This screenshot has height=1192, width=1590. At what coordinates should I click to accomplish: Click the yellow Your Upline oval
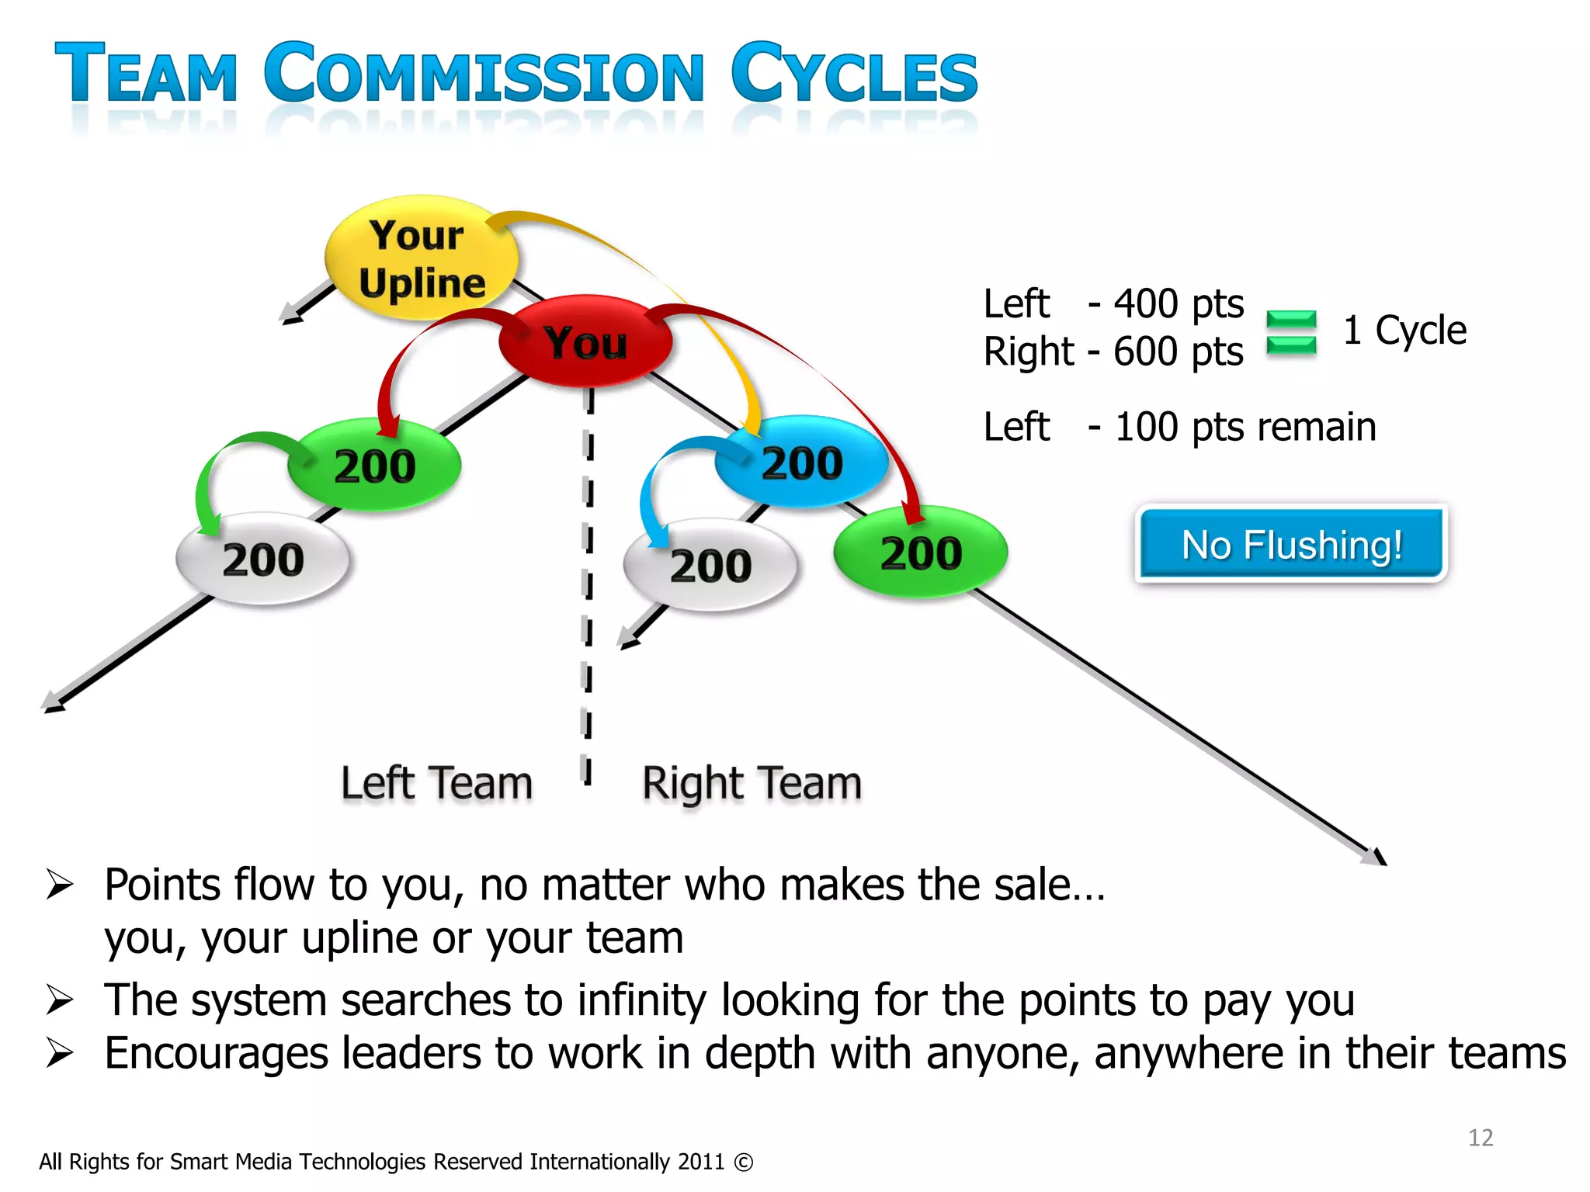422,258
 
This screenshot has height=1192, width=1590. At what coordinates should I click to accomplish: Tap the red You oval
585,341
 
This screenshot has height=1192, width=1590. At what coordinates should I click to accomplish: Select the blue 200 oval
802,463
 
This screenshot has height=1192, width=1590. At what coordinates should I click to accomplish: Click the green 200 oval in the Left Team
375,466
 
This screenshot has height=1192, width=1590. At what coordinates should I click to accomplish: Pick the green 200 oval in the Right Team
921,553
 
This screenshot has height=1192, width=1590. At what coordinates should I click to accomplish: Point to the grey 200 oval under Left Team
263,560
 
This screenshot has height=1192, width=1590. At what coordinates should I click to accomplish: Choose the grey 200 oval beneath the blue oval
710,565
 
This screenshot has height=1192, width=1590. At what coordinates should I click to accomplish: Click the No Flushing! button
1291,544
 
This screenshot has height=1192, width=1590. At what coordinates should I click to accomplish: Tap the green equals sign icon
1291,332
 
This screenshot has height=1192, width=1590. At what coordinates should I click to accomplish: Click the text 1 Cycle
1404,331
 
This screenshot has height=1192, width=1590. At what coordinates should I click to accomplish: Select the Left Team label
436,782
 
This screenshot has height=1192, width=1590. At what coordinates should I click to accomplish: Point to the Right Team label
752,783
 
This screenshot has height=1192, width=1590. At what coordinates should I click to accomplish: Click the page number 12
1481,1138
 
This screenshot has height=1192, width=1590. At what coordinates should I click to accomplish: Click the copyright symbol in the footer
743,1163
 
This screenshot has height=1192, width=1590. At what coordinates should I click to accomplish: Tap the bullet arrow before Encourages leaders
60,1053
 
